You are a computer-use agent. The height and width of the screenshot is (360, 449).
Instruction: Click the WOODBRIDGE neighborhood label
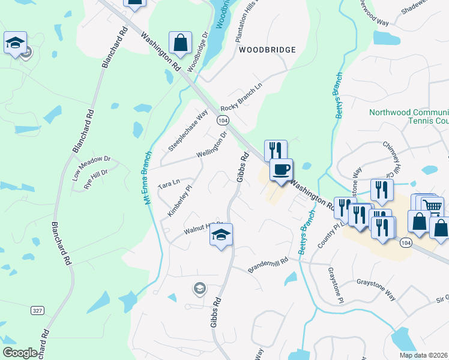(x=267, y=50)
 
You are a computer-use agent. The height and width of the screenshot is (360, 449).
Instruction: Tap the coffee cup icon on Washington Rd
(x=280, y=170)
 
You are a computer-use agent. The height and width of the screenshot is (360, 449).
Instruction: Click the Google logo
(x=20, y=353)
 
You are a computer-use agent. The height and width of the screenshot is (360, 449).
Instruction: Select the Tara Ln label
(x=169, y=182)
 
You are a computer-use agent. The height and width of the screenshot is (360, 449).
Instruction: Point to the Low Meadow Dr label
(x=92, y=168)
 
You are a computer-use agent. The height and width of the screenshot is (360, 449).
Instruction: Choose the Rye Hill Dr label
(x=95, y=179)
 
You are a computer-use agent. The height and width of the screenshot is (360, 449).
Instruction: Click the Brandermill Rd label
(x=269, y=264)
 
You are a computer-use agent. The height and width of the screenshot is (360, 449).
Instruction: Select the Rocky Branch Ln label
(x=241, y=96)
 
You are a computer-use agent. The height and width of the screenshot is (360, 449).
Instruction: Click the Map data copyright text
(x=424, y=355)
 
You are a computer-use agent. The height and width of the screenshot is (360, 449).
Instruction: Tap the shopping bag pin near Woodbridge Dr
(x=180, y=43)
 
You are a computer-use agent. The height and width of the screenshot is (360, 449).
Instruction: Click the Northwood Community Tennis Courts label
(x=409, y=116)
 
